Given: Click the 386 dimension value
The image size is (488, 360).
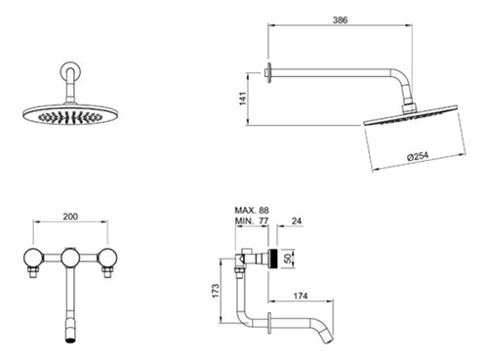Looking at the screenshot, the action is pos(340,20).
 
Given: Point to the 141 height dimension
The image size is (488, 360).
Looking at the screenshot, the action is pos(243,99).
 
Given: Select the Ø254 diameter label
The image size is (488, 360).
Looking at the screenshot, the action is pos(418,156).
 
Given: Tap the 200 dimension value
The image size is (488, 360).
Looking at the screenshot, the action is pos(70,217).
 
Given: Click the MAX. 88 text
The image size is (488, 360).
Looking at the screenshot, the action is pos(252,210).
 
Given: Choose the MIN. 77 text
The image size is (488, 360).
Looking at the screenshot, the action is pos(252,221).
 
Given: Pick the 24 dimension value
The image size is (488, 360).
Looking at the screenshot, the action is pos(297,221).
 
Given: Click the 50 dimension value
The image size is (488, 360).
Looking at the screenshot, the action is pos(288,259).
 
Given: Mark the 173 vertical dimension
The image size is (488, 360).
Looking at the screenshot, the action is pos(216,291).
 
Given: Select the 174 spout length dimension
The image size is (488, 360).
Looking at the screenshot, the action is pos(301,296).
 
